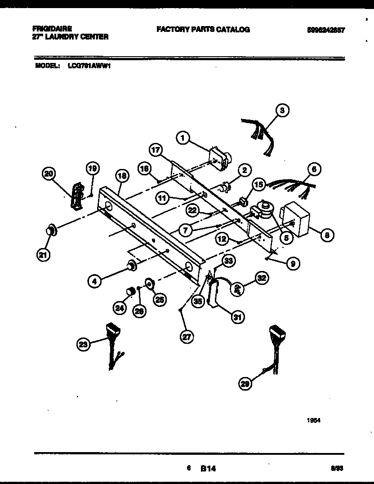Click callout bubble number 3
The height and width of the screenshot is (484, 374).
pyautogui.click(x=282, y=110)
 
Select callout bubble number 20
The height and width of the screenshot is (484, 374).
pyautogui.click(x=49, y=173)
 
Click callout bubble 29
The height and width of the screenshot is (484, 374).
pyautogui.click(x=245, y=383)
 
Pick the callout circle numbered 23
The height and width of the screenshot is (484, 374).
pyautogui.click(x=82, y=345)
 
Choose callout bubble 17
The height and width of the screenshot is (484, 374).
pyautogui.click(x=156, y=151)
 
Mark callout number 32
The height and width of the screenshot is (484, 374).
pyautogui.click(x=262, y=279)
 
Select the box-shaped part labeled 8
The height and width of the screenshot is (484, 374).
pyautogui.click(x=295, y=219)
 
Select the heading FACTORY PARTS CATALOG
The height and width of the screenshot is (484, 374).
pyautogui.click(x=203, y=29)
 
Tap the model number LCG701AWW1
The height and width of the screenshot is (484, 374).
pyautogui.click(x=89, y=66)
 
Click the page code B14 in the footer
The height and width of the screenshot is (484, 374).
pyautogui.click(x=208, y=468)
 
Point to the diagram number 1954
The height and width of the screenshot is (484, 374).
pyautogui.click(x=313, y=421)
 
